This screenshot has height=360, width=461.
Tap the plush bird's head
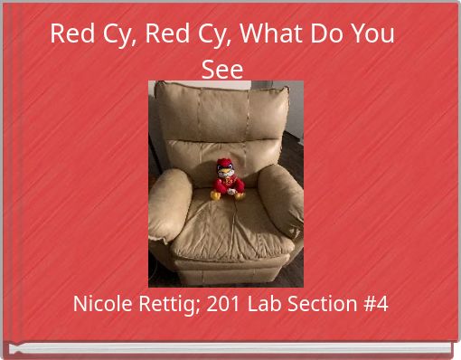click(x=226, y=168)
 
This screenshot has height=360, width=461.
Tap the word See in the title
click(x=222, y=69)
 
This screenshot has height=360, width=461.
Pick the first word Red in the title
click(x=69, y=34)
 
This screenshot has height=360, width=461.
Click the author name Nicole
click(x=100, y=304)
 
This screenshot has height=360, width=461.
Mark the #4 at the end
click(x=373, y=304)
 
